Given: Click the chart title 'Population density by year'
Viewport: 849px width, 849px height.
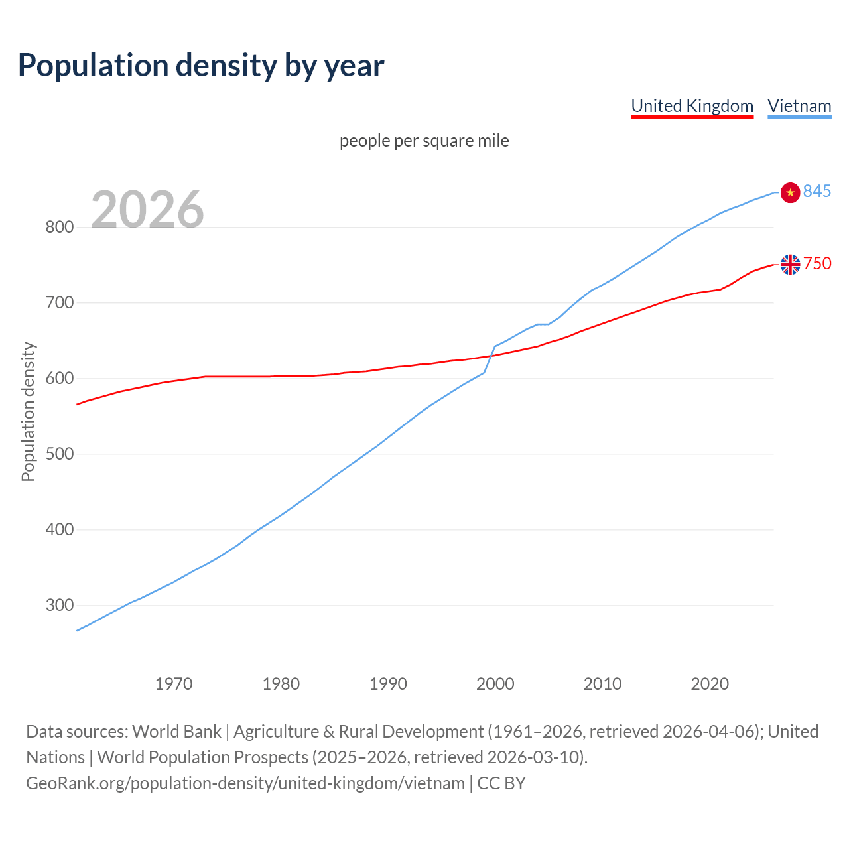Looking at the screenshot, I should pos(201,66).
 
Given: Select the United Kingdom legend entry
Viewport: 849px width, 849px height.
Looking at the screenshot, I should pos(692,106).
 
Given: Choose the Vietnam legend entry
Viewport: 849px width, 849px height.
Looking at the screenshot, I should pos(799,106).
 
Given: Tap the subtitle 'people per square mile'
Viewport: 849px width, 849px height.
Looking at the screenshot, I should pos(424,141).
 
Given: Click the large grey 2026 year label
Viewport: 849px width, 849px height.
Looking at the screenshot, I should pos(147,210).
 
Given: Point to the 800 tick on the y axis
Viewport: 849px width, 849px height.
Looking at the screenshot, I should pos(59,228).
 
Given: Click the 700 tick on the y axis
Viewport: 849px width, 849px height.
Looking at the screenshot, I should pos(59,303).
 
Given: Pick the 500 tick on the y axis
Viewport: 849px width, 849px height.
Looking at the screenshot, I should pos(59,454).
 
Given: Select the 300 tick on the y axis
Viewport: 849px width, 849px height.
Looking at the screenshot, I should pos(59,606).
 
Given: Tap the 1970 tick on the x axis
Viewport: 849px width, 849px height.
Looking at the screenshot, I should pos(174,684).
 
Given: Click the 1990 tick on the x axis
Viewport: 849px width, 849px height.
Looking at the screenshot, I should pos(388,684).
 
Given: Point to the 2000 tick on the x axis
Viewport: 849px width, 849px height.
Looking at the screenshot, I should pos(495,684).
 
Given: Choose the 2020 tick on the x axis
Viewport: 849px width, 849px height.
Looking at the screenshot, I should pos(710,684).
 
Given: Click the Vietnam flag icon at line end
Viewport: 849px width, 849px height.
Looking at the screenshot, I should pos(790,192).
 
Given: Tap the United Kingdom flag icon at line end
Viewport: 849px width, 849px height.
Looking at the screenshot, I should pos(790,265).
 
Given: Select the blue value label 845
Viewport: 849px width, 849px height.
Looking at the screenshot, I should pos(817,192).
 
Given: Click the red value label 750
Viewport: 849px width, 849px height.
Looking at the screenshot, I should pos(817,264).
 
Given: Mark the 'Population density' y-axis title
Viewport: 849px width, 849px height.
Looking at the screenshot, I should pos(28,411).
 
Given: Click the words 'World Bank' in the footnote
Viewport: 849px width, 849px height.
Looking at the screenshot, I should pos(176,732).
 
